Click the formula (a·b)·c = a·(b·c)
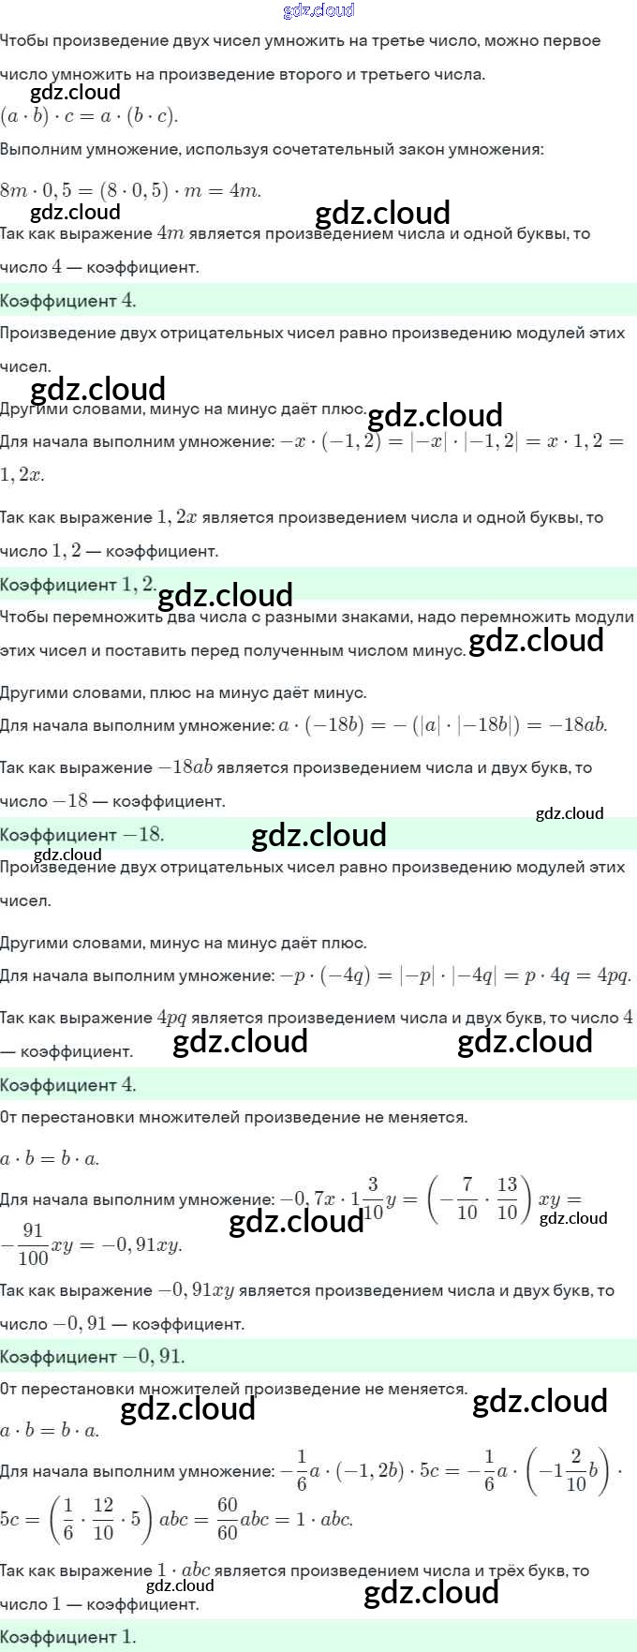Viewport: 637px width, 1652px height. (89, 116)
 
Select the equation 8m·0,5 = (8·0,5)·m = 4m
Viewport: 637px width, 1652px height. (130, 191)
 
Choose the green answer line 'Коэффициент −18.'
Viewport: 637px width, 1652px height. (82, 835)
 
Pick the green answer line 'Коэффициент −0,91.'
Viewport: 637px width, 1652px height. (93, 1356)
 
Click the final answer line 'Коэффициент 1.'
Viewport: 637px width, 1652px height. (68, 1637)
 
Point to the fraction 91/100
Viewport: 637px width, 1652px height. (33, 1244)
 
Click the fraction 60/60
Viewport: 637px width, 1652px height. (228, 1519)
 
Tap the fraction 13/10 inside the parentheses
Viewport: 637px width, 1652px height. (507, 1198)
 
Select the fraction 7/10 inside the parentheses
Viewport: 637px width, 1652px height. (467, 1198)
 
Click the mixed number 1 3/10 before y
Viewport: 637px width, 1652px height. (368, 1198)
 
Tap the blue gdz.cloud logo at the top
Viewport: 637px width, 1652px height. (318, 10)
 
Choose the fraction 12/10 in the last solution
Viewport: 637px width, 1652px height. (103, 1519)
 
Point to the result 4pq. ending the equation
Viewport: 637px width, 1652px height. (615, 975)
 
